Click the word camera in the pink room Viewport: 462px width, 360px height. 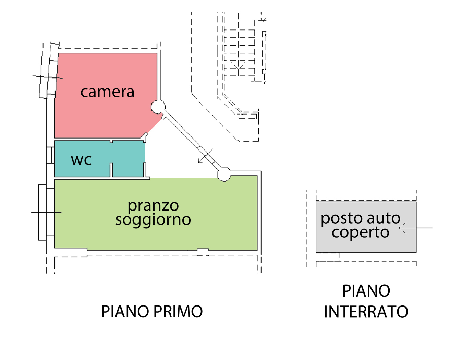[x=107, y=92]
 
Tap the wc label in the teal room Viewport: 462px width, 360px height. [x=81, y=160]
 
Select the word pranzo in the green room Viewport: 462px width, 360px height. [x=153, y=206]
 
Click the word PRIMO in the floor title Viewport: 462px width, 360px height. [x=178, y=312]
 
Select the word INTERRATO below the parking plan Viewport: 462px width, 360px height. [x=366, y=312]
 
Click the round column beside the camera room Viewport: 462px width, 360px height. [x=158, y=107]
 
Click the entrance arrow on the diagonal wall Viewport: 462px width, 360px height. [x=205, y=156]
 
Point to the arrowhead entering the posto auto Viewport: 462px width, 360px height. [x=403, y=228]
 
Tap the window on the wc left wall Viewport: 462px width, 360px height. [x=50, y=155]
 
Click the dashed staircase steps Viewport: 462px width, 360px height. [x=240, y=53]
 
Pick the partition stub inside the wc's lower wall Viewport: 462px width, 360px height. [x=111, y=170]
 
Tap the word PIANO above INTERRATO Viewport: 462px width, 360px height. [x=366, y=291]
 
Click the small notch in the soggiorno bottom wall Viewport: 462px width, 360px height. [x=203, y=250]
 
